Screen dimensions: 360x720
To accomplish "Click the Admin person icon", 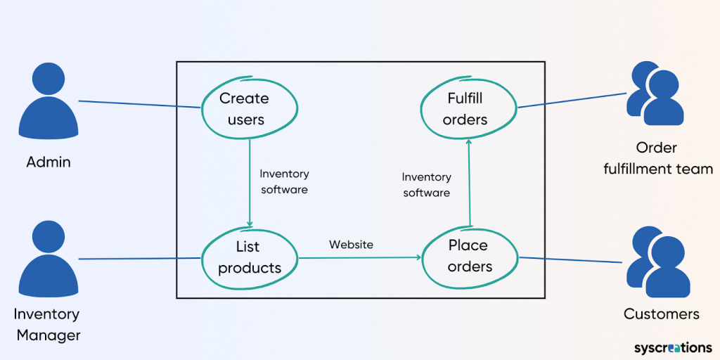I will coord(49,104).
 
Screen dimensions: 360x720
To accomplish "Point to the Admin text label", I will coord(49,162).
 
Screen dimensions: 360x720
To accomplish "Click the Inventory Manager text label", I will coord(49,324).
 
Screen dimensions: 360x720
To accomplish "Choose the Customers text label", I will coord(661,314).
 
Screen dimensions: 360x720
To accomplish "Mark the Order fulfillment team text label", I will coord(657,158).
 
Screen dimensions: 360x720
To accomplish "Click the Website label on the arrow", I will coord(351,245).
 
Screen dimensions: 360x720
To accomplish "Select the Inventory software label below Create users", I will coord(284,181).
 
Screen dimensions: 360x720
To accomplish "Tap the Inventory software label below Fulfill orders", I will coord(427,185).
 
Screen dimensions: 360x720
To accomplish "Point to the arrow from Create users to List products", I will coord(250,183).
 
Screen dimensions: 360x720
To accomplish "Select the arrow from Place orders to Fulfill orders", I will coord(469,183).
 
